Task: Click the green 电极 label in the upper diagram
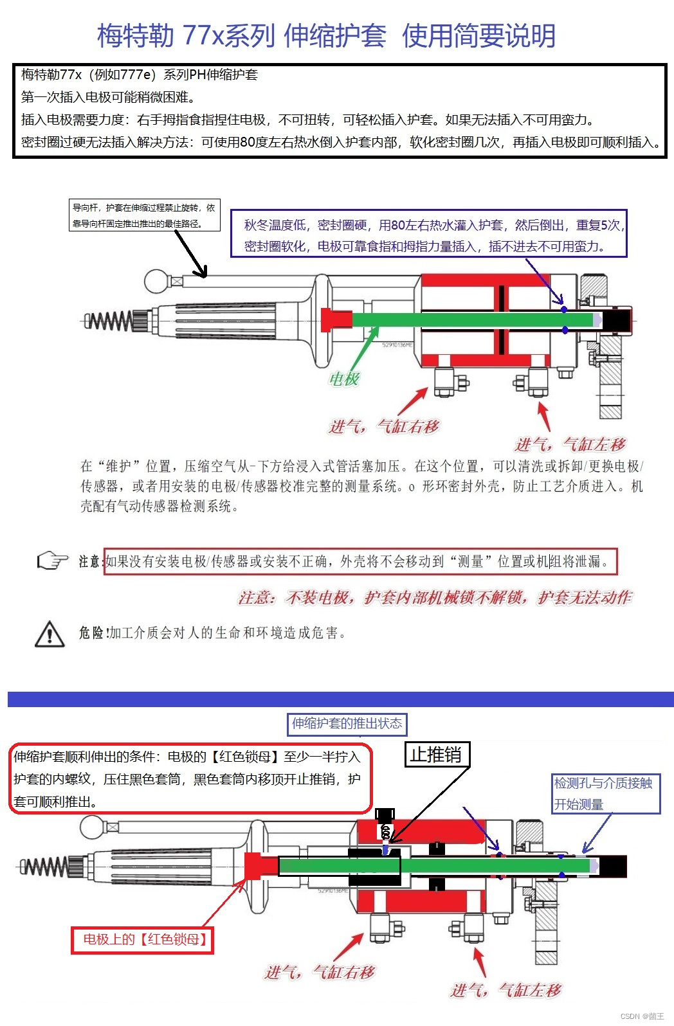point(344,379)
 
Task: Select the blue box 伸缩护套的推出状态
point(347,724)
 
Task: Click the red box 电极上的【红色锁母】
point(142,940)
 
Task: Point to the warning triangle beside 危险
point(50,634)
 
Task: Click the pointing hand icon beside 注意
point(52,561)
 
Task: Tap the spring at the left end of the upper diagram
point(109,319)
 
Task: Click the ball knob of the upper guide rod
point(156,281)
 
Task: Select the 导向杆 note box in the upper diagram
point(145,215)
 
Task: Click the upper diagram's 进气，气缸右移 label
point(384,426)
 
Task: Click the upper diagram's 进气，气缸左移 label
point(570,444)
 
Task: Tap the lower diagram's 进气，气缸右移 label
point(320,972)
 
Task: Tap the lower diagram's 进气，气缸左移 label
point(506,990)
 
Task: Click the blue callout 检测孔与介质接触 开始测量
point(605,793)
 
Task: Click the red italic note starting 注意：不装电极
point(435,598)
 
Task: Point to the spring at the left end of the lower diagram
point(44,867)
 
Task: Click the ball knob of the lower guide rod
point(93,827)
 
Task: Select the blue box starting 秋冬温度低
point(428,235)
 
